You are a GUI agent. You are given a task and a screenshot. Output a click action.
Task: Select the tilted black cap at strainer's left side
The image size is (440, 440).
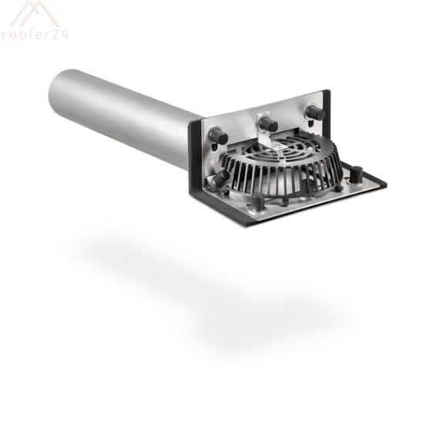(x=222, y=178)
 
